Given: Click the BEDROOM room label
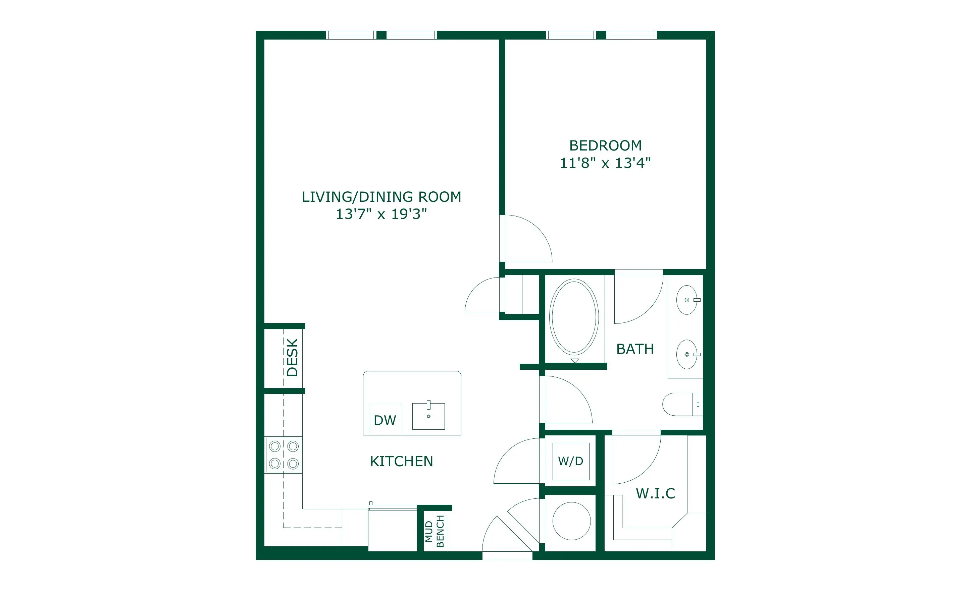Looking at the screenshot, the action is click(605, 145).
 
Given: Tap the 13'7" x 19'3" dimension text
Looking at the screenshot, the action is click(381, 214).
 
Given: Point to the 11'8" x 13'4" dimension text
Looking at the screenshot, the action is click(605, 163).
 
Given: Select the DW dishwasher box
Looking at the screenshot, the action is click(386, 419).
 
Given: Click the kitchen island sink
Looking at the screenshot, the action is click(428, 416).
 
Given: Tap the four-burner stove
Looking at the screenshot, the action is click(284, 455).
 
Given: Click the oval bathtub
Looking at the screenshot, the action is click(574, 317).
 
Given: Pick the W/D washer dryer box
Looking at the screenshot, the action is click(571, 461).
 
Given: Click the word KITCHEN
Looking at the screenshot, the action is click(402, 461).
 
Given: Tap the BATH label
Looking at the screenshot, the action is click(635, 349).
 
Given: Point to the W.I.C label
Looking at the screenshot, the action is click(655, 493).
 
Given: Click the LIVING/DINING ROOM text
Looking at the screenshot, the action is click(381, 197).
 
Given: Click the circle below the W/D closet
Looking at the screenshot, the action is click(571, 521).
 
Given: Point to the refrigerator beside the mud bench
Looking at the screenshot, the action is click(393, 529).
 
